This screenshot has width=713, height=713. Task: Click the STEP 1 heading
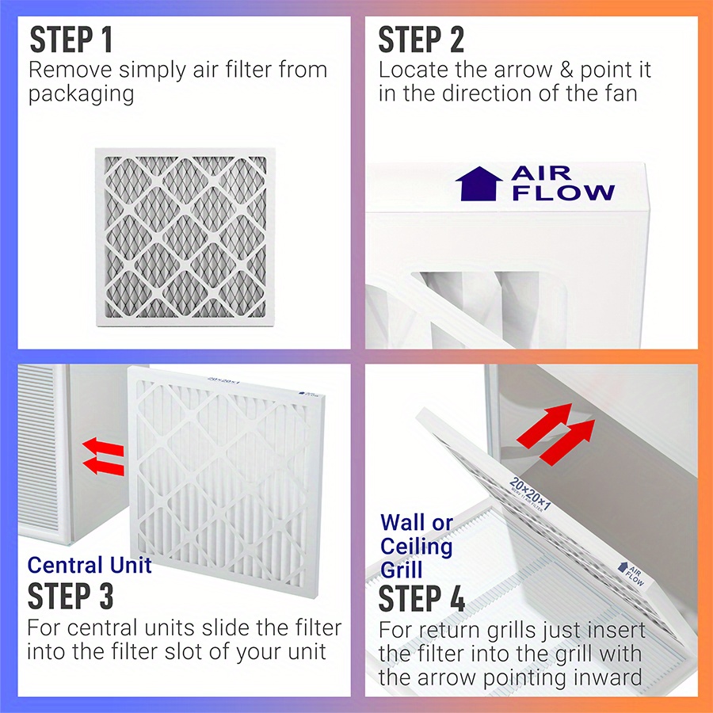[71, 40]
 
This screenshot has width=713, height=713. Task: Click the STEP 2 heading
[421, 40]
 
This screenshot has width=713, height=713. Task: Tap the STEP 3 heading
[71, 596]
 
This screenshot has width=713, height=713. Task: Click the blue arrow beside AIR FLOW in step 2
[479, 183]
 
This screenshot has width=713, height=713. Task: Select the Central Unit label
[89, 566]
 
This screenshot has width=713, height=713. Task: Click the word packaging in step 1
[82, 94]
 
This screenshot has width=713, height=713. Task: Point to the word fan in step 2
[618, 93]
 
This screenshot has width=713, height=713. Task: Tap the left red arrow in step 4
[542, 423]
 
